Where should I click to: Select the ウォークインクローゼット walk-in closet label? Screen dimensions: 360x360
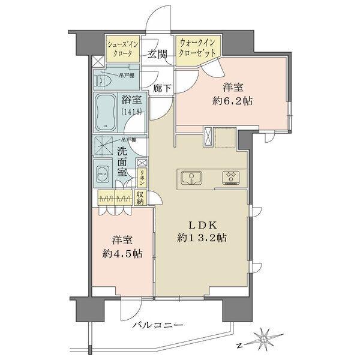pos(197,47)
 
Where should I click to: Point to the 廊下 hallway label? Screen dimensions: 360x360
pos(161,89)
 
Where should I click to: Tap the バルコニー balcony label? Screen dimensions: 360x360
pos(158,325)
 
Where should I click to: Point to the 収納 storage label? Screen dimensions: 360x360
pos(140,197)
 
